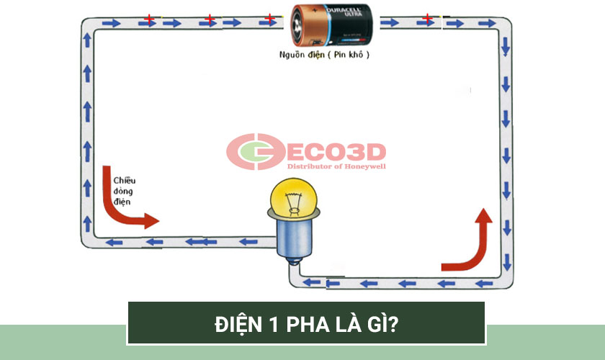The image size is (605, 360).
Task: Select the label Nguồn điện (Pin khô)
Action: [325, 55]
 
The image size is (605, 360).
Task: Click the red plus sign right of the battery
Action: [427, 17]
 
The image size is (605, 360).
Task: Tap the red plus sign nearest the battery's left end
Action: [269, 17]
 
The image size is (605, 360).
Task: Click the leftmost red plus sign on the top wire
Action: [148, 17]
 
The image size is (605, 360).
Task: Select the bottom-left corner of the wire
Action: [87, 242]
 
